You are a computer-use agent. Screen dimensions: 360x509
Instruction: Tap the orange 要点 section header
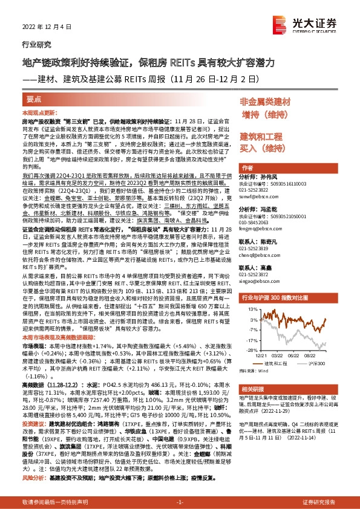coord(34,99)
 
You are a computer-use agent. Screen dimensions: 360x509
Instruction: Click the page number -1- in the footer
coord(179,502)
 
